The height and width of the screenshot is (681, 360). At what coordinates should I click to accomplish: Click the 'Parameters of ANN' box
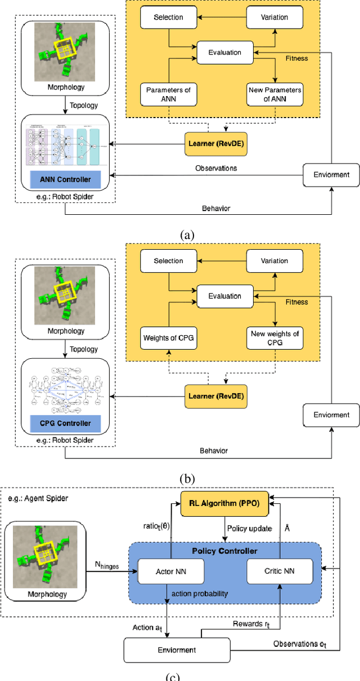click(x=169, y=94)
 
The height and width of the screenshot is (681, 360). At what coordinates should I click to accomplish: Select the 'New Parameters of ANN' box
click(x=274, y=94)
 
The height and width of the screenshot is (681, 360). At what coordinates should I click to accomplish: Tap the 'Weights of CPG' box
click(x=169, y=338)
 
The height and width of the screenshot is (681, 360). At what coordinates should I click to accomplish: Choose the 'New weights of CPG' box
click(x=274, y=338)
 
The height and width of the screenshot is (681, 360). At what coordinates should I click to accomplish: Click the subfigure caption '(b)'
click(x=186, y=479)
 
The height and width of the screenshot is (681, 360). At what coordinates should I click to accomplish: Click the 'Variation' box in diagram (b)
click(x=274, y=261)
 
